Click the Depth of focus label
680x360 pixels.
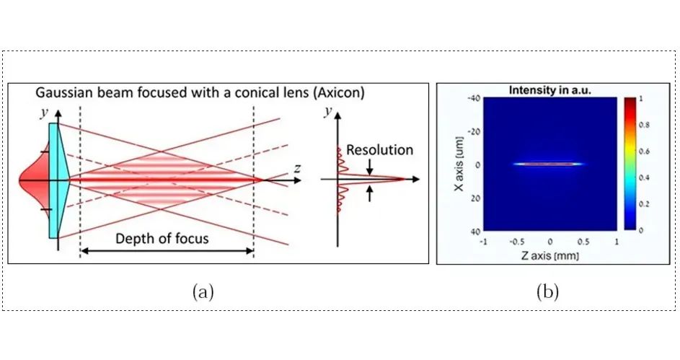[x=162, y=239]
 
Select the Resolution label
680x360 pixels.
[x=379, y=149]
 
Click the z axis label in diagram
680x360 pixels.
[x=297, y=168]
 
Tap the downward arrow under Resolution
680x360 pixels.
[x=369, y=167]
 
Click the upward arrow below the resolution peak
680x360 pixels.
[x=369, y=193]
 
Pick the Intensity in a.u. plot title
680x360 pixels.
[x=550, y=89]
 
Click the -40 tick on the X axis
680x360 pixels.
[x=474, y=98]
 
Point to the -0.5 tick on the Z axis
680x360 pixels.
[x=516, y=242]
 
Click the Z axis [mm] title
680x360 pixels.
[x=550, y=255]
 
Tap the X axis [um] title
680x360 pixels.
[x=459, y=164]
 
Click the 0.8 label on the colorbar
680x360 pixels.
[x=645, y=125]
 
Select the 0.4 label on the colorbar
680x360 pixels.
[x=645, y=177]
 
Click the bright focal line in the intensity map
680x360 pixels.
[x=549, y=164]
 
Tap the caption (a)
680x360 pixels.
[x=203, y=291]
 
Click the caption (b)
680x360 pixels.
[x=547, y=291]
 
